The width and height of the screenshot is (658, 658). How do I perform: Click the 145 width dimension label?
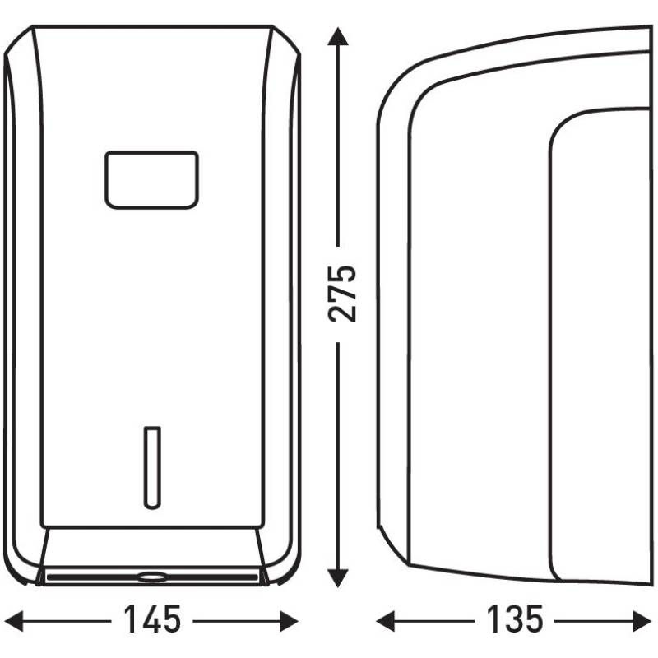click(x=152, y=619)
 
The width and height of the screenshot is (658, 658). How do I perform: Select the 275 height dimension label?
click(x=341, y=293)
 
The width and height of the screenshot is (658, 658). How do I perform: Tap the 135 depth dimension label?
click(x=514, y=619)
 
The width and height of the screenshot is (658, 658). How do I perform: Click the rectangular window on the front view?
click(x=151, y=179)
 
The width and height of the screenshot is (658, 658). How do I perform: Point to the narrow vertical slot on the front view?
click(x=151, y=466)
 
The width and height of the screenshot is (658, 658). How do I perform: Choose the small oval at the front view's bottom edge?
click(x=151, y=577)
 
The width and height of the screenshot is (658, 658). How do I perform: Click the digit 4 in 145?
click(x=151, y=619)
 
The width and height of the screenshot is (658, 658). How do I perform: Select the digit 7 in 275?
click(x=341, y=293)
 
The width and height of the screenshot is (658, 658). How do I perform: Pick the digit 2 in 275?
click(x=341, y=313)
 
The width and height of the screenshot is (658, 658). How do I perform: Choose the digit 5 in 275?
click(x=341, y=273)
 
